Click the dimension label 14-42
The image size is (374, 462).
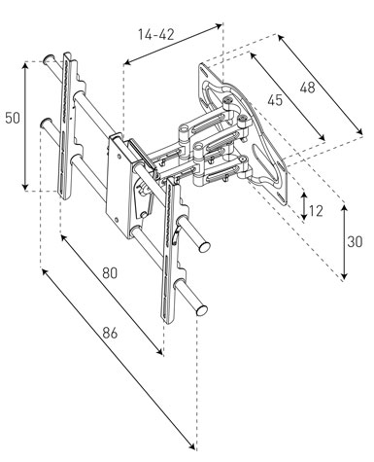coord(156,35)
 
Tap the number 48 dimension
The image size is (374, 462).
coord(307,88)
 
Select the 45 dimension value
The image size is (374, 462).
coord(275,100)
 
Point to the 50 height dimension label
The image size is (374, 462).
coord(13,118)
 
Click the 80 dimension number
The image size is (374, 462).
coord(110,273)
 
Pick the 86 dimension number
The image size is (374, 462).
coord(110,333)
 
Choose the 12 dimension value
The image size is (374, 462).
coord(316,211)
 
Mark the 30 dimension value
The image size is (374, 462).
coord(355,242)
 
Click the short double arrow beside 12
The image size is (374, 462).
coord(304,205)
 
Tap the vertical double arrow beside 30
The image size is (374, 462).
coord(344,242)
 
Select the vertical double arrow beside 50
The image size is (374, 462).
coord(25,126)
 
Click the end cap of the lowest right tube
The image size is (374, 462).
coord(202,310)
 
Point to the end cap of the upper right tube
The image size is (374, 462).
coord(205,247)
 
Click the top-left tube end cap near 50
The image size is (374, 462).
coord(49,58)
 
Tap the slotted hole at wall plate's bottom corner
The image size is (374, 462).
coord(281,196)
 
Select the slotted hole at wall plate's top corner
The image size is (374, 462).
coord(204,72)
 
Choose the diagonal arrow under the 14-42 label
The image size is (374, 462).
coord(173,44)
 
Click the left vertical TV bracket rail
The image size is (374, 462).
coord(66,125)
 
